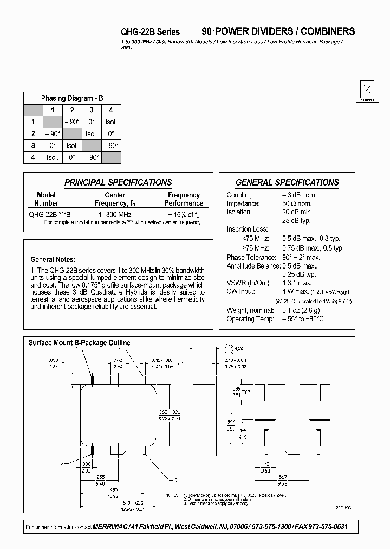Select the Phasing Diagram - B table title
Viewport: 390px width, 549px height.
coord(72,98)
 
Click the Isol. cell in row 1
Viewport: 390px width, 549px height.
coord(111,122)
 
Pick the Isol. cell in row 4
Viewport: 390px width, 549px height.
coord(53,157)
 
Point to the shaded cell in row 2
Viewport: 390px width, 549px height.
coord(72,134)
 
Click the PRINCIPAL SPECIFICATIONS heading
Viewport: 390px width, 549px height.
coord(118,183)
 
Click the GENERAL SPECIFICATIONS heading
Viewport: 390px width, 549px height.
coord(287,183)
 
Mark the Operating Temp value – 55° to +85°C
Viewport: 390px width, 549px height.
coord(303,318)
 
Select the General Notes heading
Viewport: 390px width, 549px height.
coord(53,259)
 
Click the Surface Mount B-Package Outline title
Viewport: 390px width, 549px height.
coord(79,343)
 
